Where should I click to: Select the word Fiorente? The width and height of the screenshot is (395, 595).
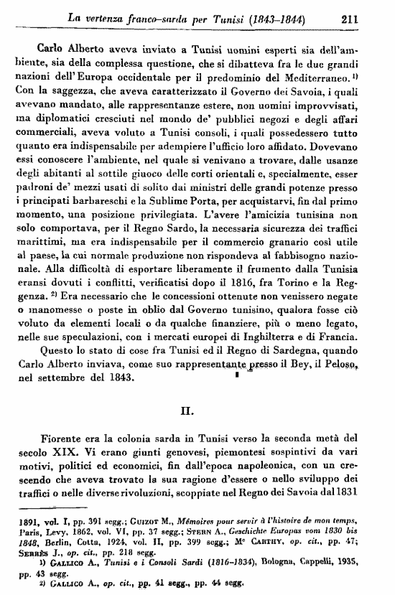(x=65, y=439)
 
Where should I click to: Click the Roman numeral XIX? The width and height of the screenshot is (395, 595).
(x=72, y=453)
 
